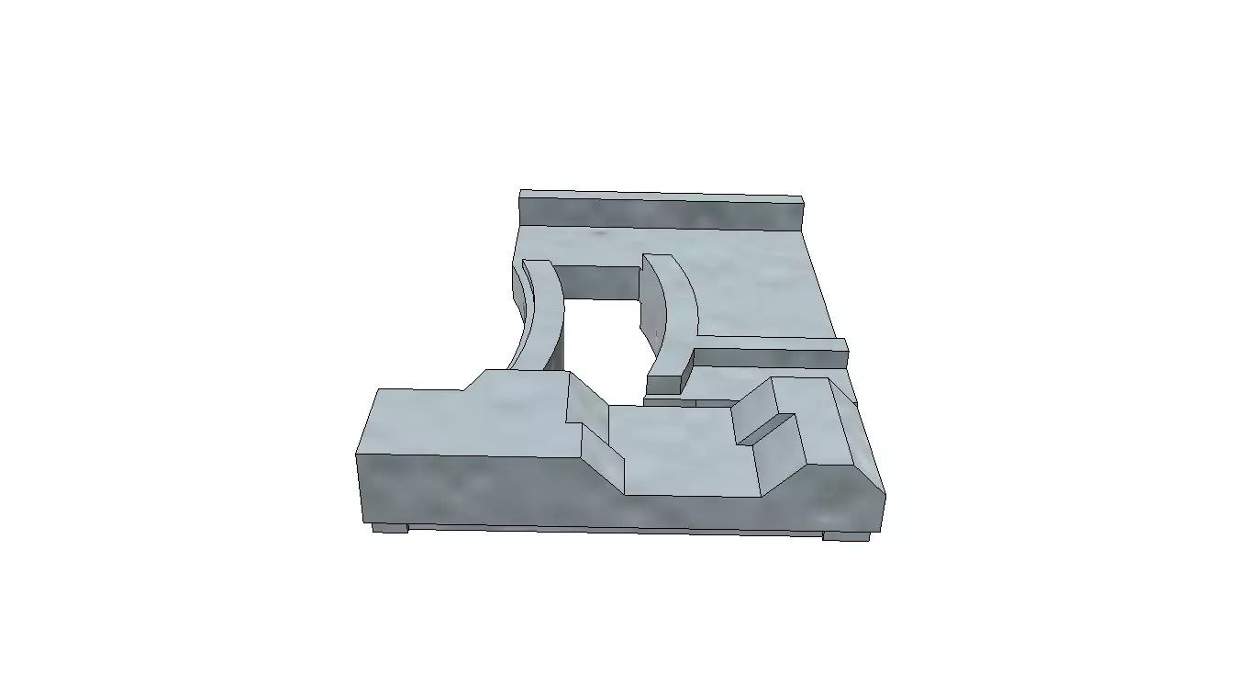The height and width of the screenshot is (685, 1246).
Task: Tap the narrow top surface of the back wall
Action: click(x=661, y=195)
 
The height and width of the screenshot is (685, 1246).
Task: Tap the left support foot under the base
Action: click(x=389, y=528)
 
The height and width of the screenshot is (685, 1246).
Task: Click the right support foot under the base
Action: click(x=844, y=535)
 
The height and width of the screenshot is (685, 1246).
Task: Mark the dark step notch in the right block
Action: click(x=763, y=429)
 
